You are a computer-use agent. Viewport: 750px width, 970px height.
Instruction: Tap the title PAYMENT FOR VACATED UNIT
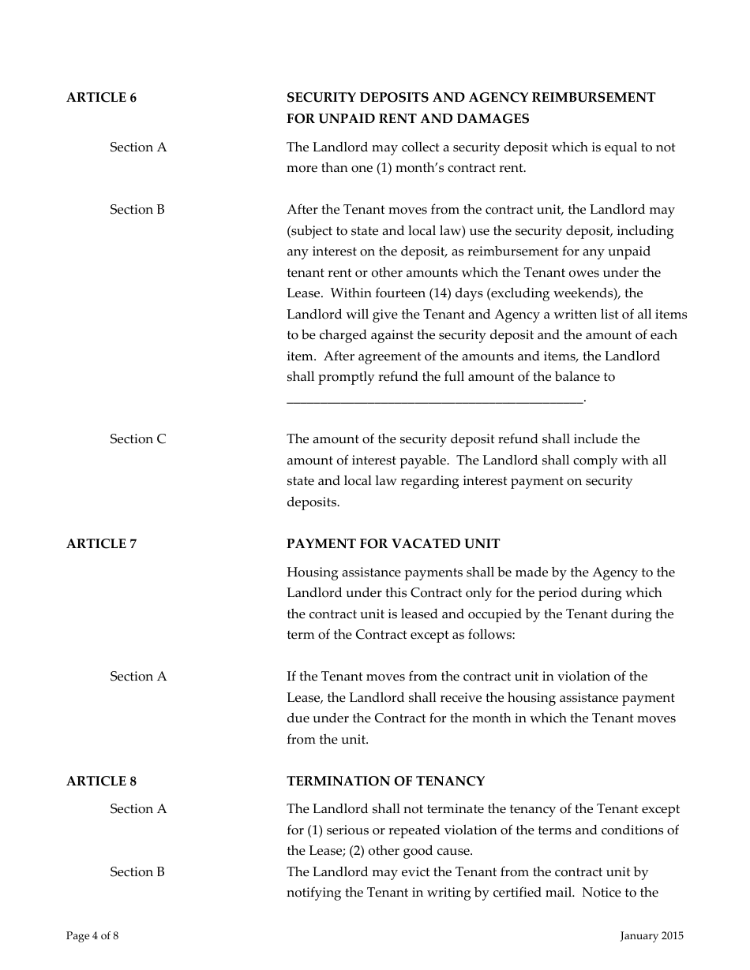[393, 544]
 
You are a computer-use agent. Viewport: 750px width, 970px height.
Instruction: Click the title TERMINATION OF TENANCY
[385, 782]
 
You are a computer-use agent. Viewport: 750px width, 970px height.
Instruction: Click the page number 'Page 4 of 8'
[92, 936]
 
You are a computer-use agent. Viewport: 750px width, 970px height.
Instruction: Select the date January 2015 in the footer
[651, 936]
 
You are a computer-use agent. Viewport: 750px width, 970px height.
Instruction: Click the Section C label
[138, 439]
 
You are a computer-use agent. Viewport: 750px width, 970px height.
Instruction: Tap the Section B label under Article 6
[137, 210]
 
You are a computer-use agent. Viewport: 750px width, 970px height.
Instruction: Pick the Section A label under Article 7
[138, 677]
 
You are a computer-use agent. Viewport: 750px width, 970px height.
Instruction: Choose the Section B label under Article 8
[137, 872]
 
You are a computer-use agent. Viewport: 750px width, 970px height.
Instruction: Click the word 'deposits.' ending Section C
[313, 502]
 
